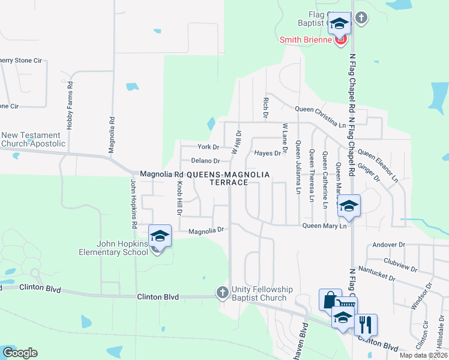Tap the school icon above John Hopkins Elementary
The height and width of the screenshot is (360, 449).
160,235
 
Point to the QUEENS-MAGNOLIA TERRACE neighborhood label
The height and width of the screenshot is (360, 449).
228,178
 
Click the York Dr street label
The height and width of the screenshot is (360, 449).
208,147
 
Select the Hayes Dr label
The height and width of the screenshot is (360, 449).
267,153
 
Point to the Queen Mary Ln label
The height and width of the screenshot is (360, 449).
325,226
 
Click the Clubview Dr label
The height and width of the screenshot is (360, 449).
400,262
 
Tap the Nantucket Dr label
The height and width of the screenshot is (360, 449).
376,274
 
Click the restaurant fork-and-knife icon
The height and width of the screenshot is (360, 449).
366,325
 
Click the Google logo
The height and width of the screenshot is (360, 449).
20,352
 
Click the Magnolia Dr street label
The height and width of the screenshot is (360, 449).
206,230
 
